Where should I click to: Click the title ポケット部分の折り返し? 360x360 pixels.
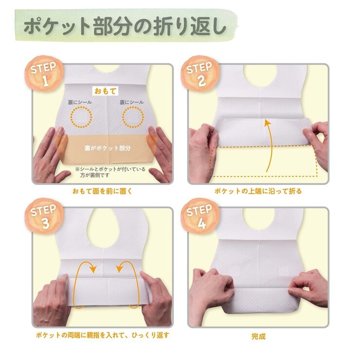pos(126,27)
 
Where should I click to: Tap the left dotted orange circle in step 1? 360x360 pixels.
pos(80,117)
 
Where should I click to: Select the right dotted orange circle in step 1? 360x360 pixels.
pos(133,117)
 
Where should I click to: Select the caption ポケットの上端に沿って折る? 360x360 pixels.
pos(258,191)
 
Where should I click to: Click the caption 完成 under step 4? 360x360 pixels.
pos(258,336)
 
